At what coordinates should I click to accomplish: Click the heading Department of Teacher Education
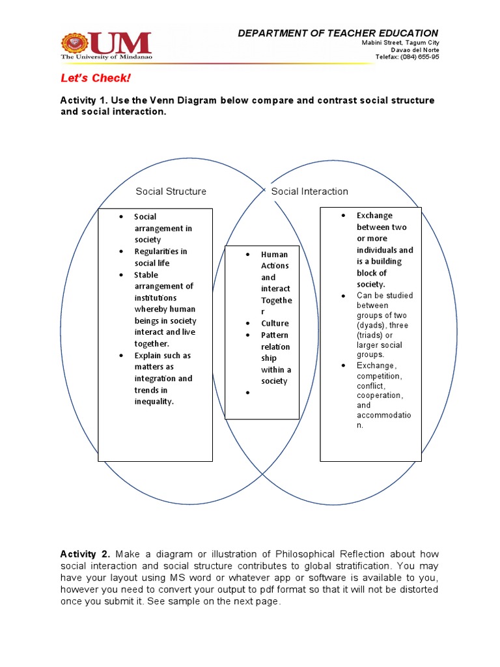click(338, 33)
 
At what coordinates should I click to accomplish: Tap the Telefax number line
click(407, 57)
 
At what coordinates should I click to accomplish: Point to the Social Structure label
click(171, 192)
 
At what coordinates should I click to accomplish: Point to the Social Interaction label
click(309, 192)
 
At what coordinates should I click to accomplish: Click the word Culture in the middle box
click(275, 323)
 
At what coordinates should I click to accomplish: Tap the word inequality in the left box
click(154, 401)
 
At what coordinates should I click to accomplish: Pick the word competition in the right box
click(378, 376)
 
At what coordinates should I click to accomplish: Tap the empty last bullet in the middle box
click(249, 393)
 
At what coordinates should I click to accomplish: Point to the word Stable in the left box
click(146, 275)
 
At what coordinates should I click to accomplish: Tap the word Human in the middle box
click(274, 255)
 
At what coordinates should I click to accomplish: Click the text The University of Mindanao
click(106, 57)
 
